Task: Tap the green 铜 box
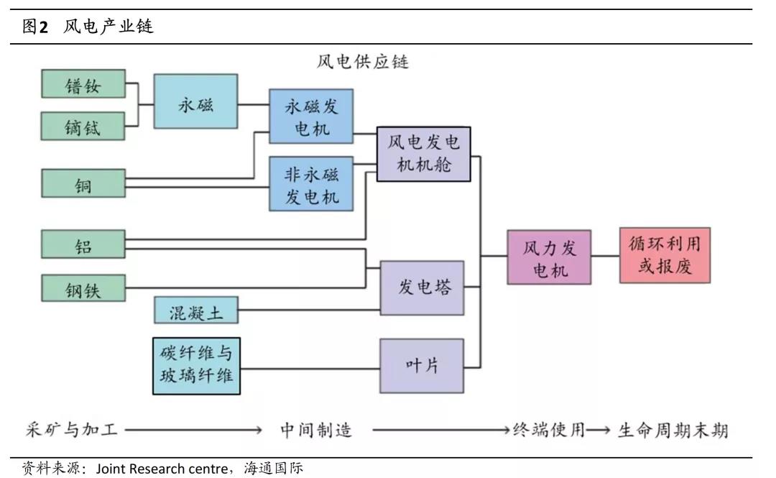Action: pyautogui.click(x=83, y=183)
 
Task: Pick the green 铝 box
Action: pyautogui.click(x=83, y=244)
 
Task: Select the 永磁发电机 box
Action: pyautogui.click(x=311, y=116)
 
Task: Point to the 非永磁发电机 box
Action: pyautogui.click(x=311, y=183)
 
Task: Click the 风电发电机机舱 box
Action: pyautogui.click(x=423, y=154)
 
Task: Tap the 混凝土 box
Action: pyautogui.click(x=195, y=312)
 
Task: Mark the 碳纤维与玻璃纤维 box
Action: pyautogui.click(x=195, y=365)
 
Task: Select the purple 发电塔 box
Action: pyautogui.click(x=422, y=288)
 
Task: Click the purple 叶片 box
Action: pyautogui.click(x=422, y=365)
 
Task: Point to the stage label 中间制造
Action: pyautogui.click(x=316, y=430)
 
